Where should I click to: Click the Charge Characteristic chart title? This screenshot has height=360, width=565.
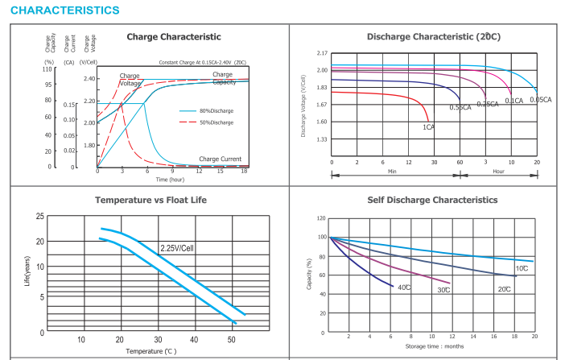[173, 37]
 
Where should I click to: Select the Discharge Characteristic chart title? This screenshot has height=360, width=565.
[433, 37]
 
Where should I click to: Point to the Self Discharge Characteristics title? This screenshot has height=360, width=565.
[432, 200]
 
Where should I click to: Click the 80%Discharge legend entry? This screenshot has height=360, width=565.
[217, 110]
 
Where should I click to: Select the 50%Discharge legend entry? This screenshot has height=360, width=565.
[217, 122]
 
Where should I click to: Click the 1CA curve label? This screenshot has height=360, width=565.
[428, 126]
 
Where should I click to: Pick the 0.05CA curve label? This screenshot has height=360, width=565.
[540, 100]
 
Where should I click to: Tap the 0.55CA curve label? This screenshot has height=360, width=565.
[460, 107]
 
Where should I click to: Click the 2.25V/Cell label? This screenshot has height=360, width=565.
[177, 248]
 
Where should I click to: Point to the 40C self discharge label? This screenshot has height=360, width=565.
[404, 288]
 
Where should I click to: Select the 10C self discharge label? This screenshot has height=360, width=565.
[522, 267]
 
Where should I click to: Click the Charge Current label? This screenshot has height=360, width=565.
[220, 159]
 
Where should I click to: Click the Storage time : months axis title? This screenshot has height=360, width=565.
[434, 346]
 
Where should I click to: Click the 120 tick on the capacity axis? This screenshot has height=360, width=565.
[320, 218]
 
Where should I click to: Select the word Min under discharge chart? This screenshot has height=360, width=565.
[392, 172]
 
